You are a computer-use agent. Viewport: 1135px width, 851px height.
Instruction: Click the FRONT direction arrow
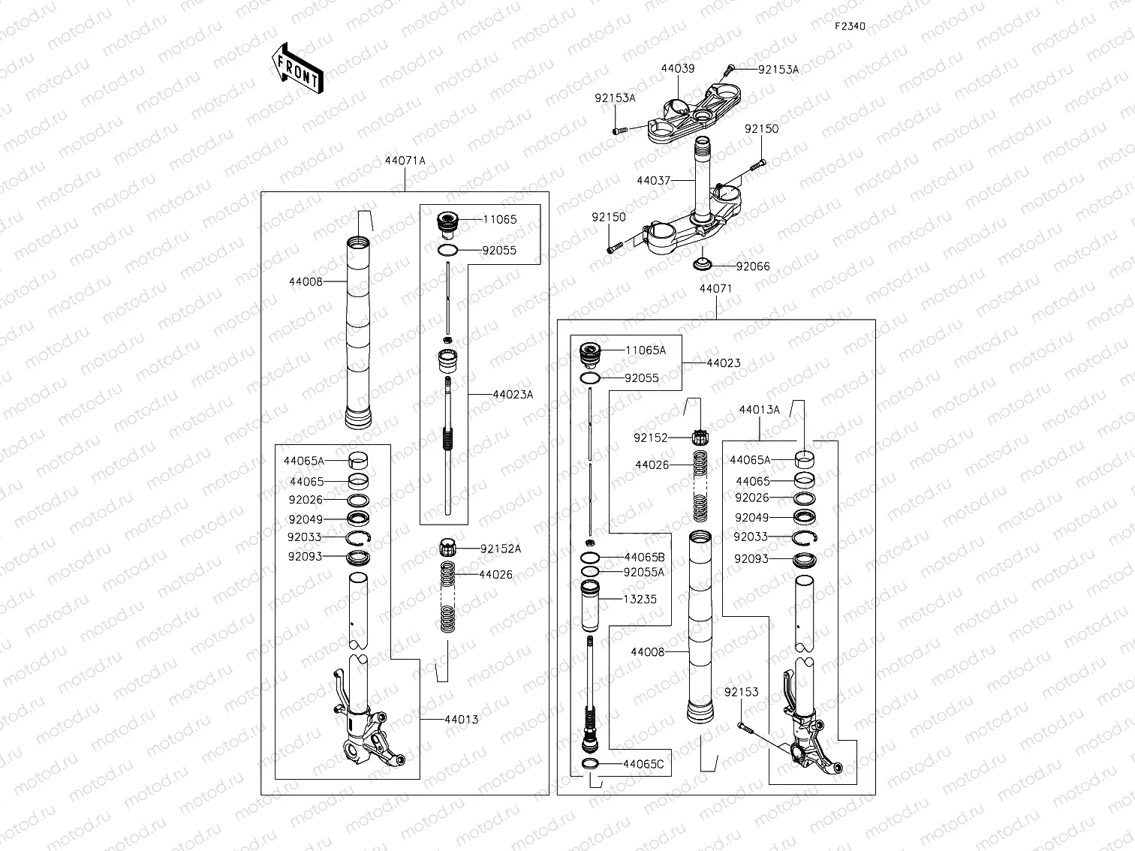coord(297,68)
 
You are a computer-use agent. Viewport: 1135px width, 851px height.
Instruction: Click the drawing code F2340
coord(850,26)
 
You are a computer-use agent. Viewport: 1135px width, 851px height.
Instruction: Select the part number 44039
coord(677,68)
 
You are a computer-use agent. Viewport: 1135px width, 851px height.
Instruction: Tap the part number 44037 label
coord(653,181)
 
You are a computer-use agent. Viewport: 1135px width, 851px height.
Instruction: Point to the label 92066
coord(752,266)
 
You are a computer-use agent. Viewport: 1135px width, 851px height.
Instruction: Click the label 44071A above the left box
coord(405,161)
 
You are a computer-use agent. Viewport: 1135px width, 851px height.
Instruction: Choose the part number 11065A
coord(646,350)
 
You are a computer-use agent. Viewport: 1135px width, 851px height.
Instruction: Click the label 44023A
coord(513,395)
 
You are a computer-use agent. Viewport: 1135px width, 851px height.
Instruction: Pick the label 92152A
coord(500,549)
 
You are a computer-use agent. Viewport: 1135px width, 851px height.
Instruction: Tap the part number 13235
coord(640,599)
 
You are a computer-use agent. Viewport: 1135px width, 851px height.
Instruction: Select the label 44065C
coord(643,765)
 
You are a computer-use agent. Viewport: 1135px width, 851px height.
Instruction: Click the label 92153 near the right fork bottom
coord(741,692)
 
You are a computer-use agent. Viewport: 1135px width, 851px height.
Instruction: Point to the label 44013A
coord(759,410)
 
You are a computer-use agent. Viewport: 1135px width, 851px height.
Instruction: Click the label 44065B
coord(644,558)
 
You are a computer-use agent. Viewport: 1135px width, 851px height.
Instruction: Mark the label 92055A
coord(644,572)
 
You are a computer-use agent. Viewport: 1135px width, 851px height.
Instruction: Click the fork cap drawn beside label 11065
coord(447,224)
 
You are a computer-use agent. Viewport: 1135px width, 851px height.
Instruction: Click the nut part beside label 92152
coord(700,436)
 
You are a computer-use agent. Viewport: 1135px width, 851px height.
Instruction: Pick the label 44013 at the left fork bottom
coord(461,720)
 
